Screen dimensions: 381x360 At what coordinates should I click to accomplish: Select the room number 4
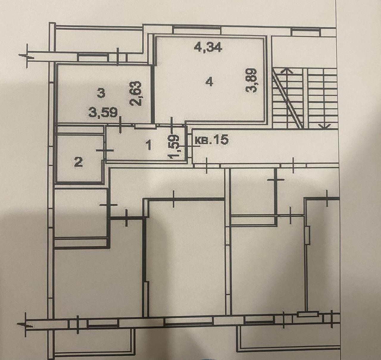[209, 83]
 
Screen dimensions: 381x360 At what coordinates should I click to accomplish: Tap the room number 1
[148, 145]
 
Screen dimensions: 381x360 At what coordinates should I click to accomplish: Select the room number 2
[79, 162]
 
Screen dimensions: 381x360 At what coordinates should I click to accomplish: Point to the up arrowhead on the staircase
[287, 71]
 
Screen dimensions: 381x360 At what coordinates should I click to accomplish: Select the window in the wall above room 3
[92, 57]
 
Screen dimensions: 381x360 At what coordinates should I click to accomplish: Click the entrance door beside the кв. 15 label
[189, 146]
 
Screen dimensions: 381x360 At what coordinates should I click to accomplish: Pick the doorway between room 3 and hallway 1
[145, 126]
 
